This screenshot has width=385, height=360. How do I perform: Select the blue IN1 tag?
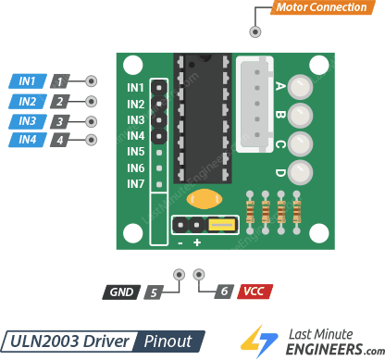tap(27, 81)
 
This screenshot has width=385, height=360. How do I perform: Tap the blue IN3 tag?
tap(27, 121)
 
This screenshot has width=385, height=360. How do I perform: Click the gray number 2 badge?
tap(60, 102)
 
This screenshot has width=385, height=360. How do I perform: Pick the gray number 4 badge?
tap(60, 141)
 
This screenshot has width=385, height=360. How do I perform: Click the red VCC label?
tap(255, 292)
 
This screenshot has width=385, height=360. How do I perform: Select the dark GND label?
tap(121, 292)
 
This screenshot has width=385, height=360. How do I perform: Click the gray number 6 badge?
tap(222, 292)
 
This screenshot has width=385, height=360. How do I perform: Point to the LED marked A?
tap(299, 88)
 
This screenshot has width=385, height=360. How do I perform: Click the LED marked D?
tap(299, 172)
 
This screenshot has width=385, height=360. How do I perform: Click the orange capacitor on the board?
tap(203, 198)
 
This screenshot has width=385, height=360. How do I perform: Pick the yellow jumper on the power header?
tap(221, 224)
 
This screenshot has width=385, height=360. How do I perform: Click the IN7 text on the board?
tap(136, 184)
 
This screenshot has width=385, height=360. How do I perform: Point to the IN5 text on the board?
tap(136, 152)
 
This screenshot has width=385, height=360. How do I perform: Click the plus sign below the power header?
tap(197, 242)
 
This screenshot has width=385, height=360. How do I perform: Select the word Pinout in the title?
tap(168, 340)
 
